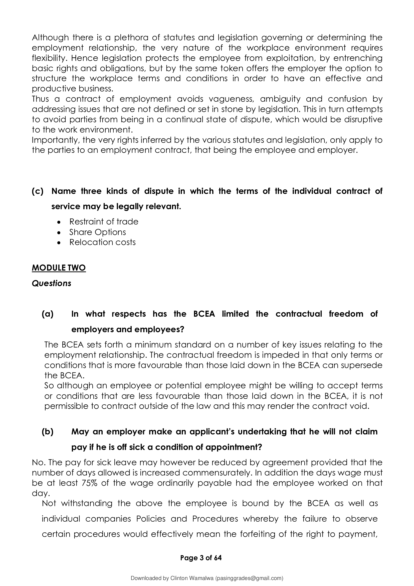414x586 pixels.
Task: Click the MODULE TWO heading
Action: [59, 268]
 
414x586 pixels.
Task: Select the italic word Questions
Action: [51, 283]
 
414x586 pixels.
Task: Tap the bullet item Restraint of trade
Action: [104, 221]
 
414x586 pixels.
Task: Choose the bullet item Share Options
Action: [97, 232]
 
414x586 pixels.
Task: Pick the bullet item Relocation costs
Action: [102, 242]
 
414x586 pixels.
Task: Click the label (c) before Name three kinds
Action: [38, 191]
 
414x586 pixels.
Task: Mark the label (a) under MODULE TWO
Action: [47, 314]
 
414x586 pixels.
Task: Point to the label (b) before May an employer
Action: [47, 432]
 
